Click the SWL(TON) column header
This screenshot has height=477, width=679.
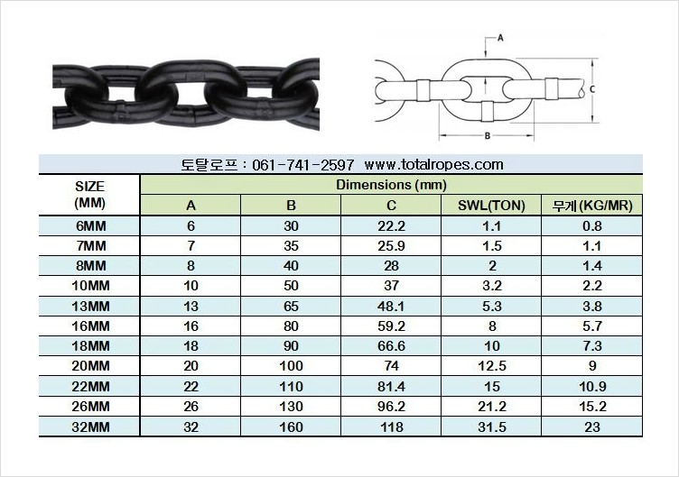(491, 206)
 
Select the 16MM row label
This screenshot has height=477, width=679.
(90, 326)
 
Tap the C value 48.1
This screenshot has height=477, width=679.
(392, 306)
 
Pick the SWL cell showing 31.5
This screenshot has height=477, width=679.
(491, 427)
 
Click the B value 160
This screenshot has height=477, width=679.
(292, 427)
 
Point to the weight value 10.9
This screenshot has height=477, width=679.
(592, 386)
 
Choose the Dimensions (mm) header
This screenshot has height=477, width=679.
(391, 184)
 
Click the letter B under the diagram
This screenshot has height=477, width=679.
(486, 136)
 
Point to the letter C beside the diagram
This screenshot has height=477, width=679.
(590, 89)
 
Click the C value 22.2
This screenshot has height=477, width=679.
(392, 225)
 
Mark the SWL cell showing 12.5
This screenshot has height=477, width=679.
(491, 366)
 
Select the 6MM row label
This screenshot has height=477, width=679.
(90, 225)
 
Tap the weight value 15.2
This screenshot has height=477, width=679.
(592, 406)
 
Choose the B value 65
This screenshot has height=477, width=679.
(292, 306)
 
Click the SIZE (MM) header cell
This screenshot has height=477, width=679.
(90, 194)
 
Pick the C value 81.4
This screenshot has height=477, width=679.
(392, 386)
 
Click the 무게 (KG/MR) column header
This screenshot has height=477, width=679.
(592, 206)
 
